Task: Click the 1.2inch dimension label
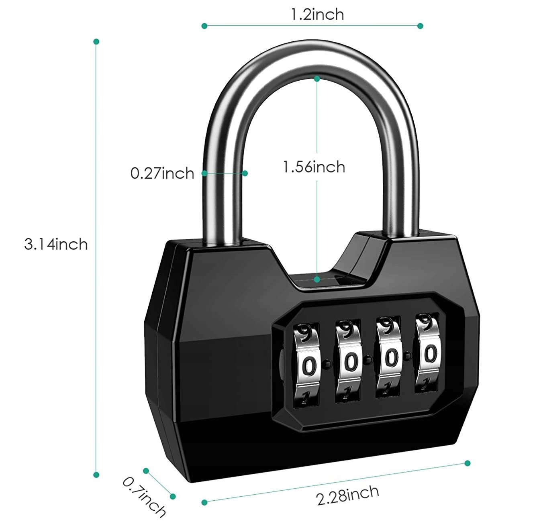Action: [x=317, y=15]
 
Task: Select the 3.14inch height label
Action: [x=56, y=244]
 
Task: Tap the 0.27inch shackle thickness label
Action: [x=162, y=173]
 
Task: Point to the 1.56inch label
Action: [x=314, y=167]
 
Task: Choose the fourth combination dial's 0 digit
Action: [x=431, y=354]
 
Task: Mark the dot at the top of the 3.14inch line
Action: [x=96, y=41]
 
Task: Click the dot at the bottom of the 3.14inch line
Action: [x=96, y=475]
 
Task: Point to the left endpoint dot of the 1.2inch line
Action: [x=204, y=26]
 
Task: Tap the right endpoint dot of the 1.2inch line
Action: [x=420, y=26]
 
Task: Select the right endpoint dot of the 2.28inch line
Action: [x=467, y=463]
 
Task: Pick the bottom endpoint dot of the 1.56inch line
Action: [x=317, y=278]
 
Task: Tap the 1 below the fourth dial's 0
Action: [x=424, y=384]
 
